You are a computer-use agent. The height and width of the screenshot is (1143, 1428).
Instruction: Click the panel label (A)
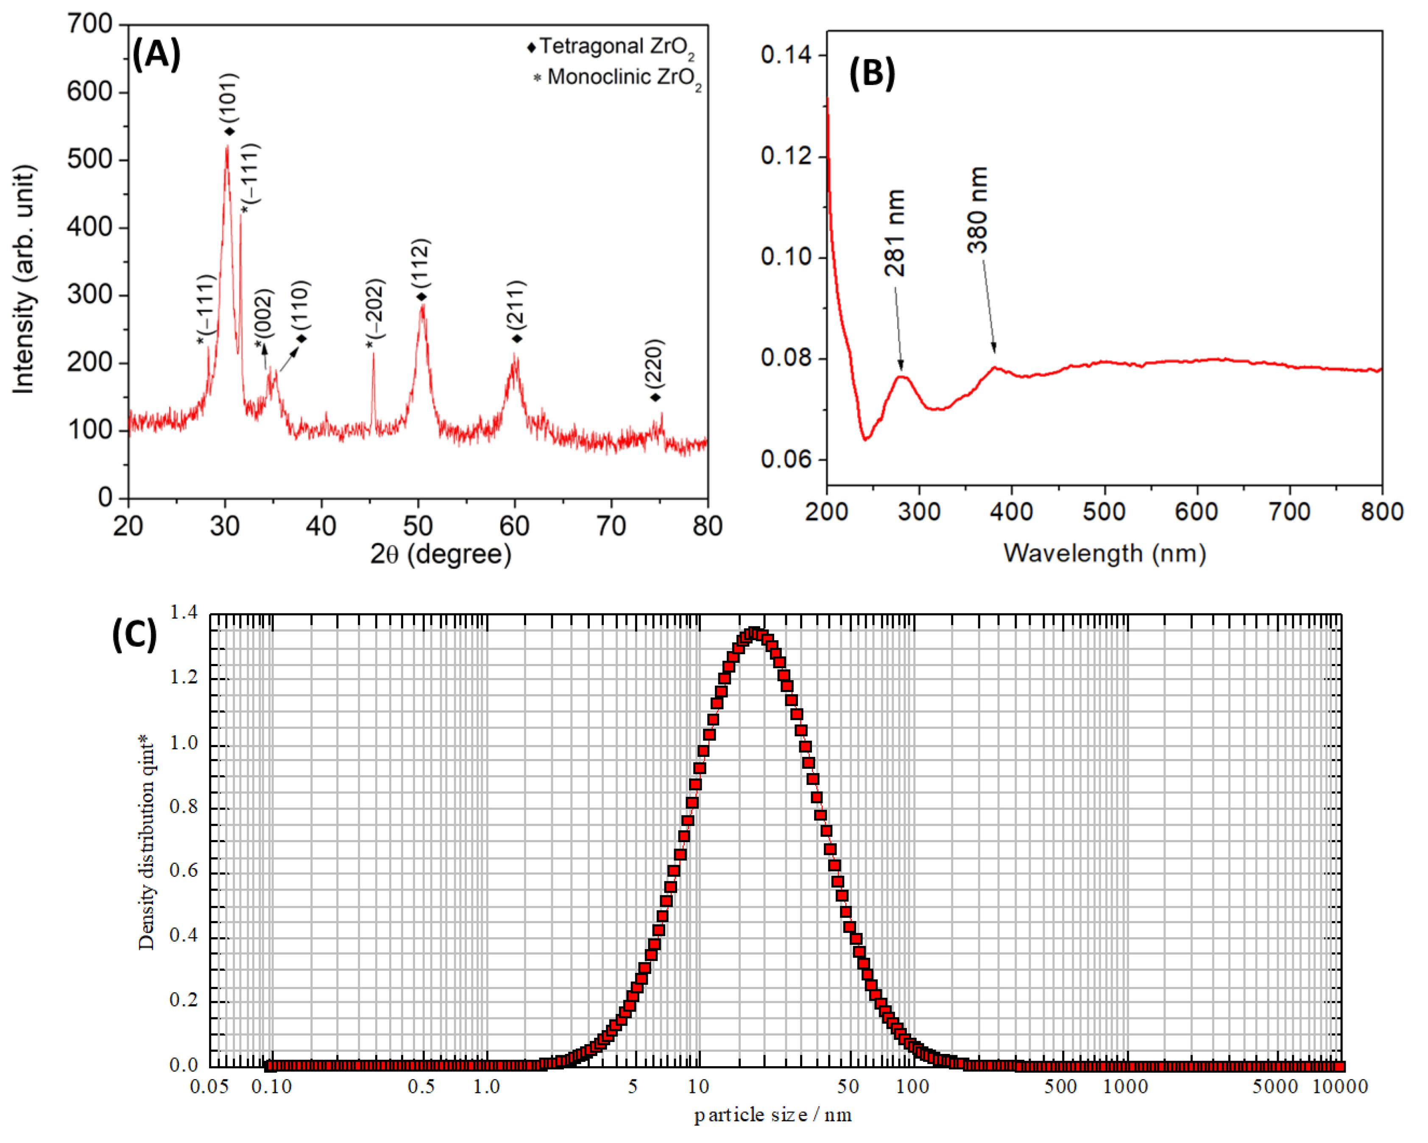156,55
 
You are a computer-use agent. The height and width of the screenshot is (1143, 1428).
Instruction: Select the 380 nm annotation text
977,210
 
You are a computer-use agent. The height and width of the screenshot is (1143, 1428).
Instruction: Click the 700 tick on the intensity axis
89,25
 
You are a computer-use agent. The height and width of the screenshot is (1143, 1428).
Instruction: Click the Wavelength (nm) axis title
1104,552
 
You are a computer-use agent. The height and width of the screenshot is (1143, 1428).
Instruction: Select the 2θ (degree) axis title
441,554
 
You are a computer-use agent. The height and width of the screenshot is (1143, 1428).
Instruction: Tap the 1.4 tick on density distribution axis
184,613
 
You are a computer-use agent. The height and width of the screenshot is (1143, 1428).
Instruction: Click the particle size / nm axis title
772,1115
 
